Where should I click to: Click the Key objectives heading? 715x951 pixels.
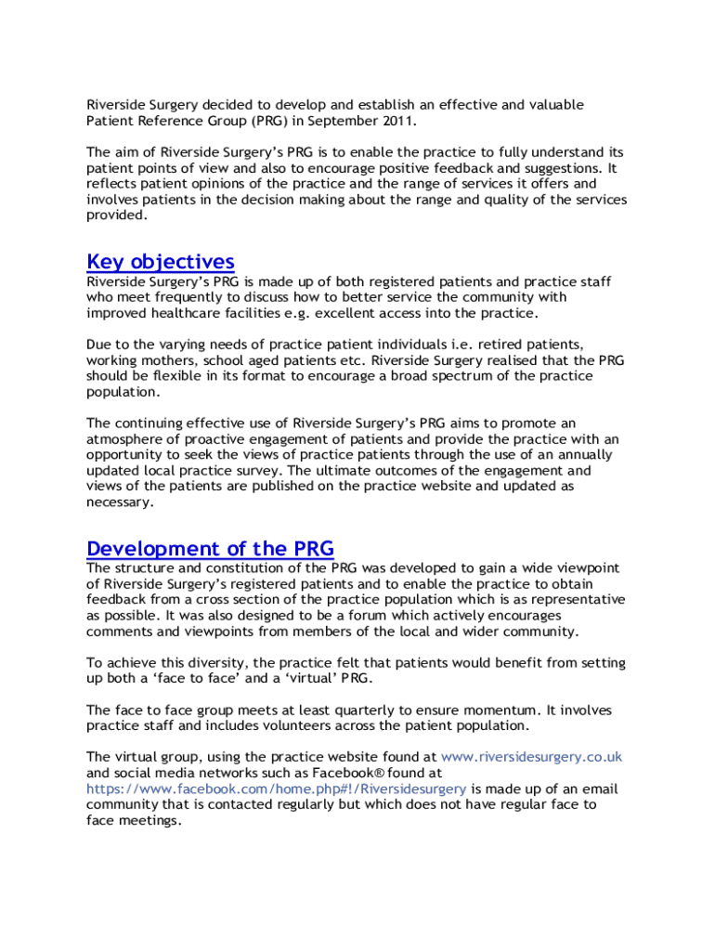coord(160,262)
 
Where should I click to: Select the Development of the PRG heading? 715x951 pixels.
coord(210,548)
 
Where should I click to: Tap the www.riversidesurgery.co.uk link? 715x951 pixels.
coord(531,757)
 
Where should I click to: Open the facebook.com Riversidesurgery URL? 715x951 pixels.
coord(277,788)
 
